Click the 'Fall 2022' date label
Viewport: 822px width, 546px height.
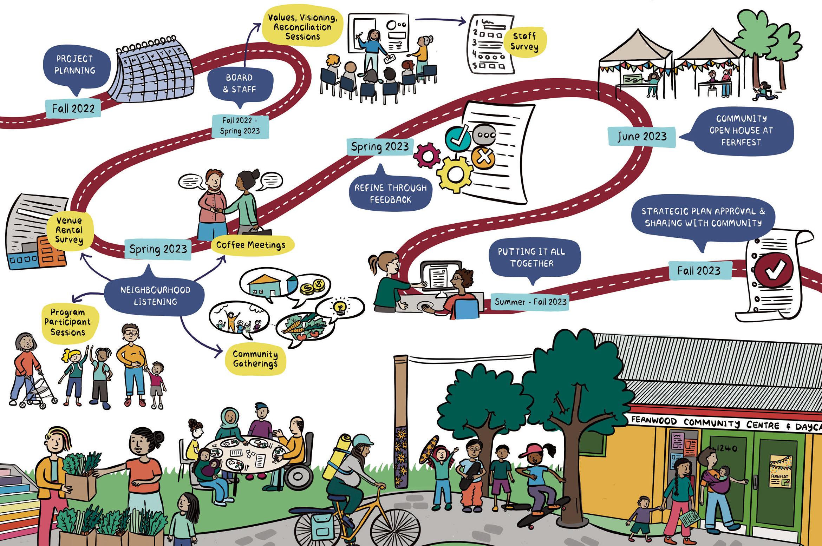pos(73,108)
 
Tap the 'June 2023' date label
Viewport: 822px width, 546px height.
pos(641,136)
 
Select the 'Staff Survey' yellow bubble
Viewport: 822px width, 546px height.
pos(524,41)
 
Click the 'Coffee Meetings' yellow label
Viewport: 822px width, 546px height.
pos(251,245)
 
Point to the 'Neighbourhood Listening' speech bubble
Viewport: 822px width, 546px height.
pos(155,296)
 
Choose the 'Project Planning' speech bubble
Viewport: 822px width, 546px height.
pos(75,65)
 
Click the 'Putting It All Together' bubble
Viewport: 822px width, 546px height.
pos(531,258)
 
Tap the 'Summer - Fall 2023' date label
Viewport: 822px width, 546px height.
pos(530,302)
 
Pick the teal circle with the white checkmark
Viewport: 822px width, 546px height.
pos(458,138)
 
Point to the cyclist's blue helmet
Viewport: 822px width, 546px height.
pos(363,440)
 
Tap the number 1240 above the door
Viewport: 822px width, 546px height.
pos(726,448)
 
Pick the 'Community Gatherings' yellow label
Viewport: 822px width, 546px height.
pos(255,359)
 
